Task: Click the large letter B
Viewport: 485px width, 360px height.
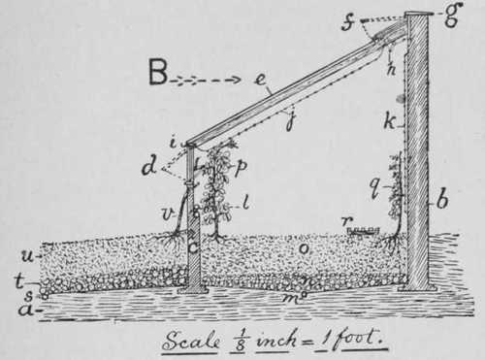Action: pyautogui.click(x=160, y=72)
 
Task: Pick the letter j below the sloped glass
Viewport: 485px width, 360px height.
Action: pyautogui.click(x=287, y=119)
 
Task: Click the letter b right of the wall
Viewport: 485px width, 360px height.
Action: pyautogui.click(x=442, y=202)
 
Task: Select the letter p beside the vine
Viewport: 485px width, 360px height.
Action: pyautogui.click(x=241, y=166)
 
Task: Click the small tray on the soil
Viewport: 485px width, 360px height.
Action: pyautogui.click(x=365, y=231)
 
